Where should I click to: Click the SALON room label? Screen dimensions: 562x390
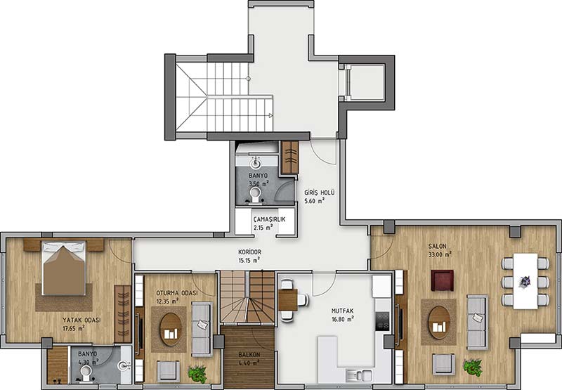437,246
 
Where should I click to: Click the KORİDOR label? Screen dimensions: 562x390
250,252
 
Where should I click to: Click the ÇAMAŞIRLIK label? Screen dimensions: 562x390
269,219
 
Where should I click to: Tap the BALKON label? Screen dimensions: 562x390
249,354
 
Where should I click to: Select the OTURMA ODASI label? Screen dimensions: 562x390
177,293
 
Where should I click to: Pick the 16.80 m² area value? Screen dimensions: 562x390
342,318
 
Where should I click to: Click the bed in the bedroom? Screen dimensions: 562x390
64,268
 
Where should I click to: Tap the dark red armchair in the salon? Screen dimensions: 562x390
443,280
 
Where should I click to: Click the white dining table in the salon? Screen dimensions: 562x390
525,281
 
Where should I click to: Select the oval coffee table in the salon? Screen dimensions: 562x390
438,323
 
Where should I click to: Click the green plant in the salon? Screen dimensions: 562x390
472,368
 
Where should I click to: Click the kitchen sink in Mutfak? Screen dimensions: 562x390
358,375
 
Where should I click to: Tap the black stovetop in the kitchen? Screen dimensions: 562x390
382,321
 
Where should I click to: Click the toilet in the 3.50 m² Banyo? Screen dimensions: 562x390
255,193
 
